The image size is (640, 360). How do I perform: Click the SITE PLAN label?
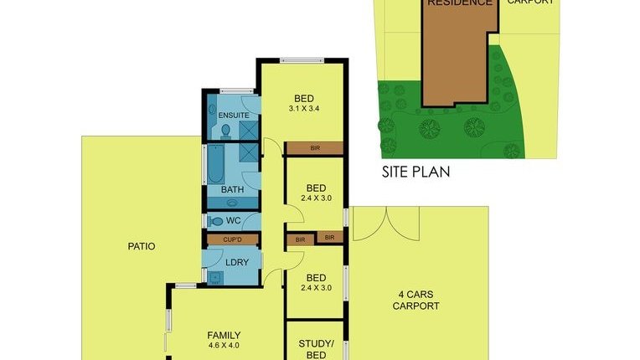415,172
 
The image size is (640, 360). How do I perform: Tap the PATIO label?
141,247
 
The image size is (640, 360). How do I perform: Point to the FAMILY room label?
224,334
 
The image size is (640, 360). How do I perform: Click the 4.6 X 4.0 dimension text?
224,345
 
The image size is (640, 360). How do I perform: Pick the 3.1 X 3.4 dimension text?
303,108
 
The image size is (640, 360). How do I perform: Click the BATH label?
232,190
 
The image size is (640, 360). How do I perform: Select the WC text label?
234,221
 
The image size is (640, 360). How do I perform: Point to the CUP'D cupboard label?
232,239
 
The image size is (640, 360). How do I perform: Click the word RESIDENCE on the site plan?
460,3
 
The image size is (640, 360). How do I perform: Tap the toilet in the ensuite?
226,131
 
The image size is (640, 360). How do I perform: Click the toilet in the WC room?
215,221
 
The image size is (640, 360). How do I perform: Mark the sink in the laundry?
214,279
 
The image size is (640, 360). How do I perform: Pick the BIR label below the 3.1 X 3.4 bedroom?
315,148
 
